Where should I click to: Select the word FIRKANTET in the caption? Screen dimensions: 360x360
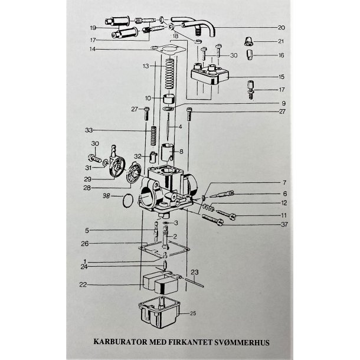click(x=191, y=342)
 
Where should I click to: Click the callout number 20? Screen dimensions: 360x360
click(x=280, y=27)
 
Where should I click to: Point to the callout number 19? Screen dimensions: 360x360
click(x=93, y=28)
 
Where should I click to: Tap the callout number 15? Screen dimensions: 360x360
click(x=281, y=77)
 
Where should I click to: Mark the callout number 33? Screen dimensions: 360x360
click(x=89, y=130)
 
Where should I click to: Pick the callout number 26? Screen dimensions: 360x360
click(x=84, y=244)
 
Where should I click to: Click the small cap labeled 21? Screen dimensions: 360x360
click(x=250, y=41)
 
